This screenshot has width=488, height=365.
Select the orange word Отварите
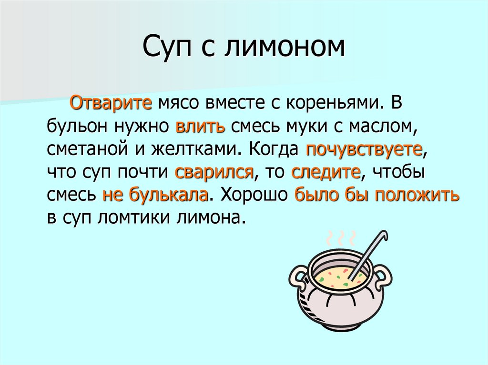click(111, 103)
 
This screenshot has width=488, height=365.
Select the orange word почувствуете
click(365, 149)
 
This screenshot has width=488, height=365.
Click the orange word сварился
click(213, 172)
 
